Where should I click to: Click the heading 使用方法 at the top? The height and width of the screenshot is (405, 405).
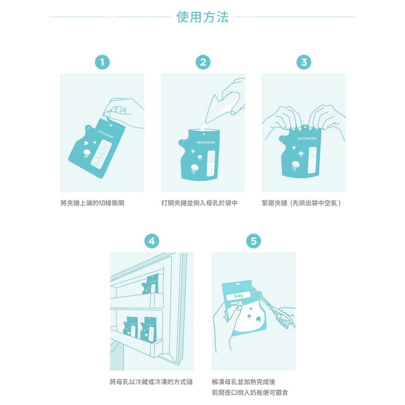(202, 17)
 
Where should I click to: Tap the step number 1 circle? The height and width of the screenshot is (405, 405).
(102, 62)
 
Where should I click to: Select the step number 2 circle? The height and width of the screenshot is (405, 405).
(203, 62)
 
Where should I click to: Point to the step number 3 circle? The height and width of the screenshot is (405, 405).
(304, 62)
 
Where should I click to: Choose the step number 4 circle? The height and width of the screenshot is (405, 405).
(151, 241)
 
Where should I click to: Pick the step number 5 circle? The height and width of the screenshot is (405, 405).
(254, 241)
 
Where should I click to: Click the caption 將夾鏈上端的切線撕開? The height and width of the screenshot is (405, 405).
(92, 203)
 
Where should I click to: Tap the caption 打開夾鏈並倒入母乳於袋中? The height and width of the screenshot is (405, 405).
(199, 203)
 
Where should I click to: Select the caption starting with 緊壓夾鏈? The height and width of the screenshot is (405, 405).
(301, 203)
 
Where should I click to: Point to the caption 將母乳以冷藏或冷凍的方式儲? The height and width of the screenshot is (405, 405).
(151, 382)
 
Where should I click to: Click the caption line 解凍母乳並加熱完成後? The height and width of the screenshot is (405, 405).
(244, 382)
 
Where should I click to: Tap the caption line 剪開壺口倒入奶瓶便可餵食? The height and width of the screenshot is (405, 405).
(250, 393)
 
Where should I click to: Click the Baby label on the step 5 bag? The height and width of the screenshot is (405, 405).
(238, 296)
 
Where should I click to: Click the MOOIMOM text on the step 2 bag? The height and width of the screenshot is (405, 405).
(206, 142)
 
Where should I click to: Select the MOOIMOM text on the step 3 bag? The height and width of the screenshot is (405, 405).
(307, 138)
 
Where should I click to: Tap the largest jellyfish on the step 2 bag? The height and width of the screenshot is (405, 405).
(195, 169)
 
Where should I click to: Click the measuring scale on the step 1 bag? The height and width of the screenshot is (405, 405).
(101, 154)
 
